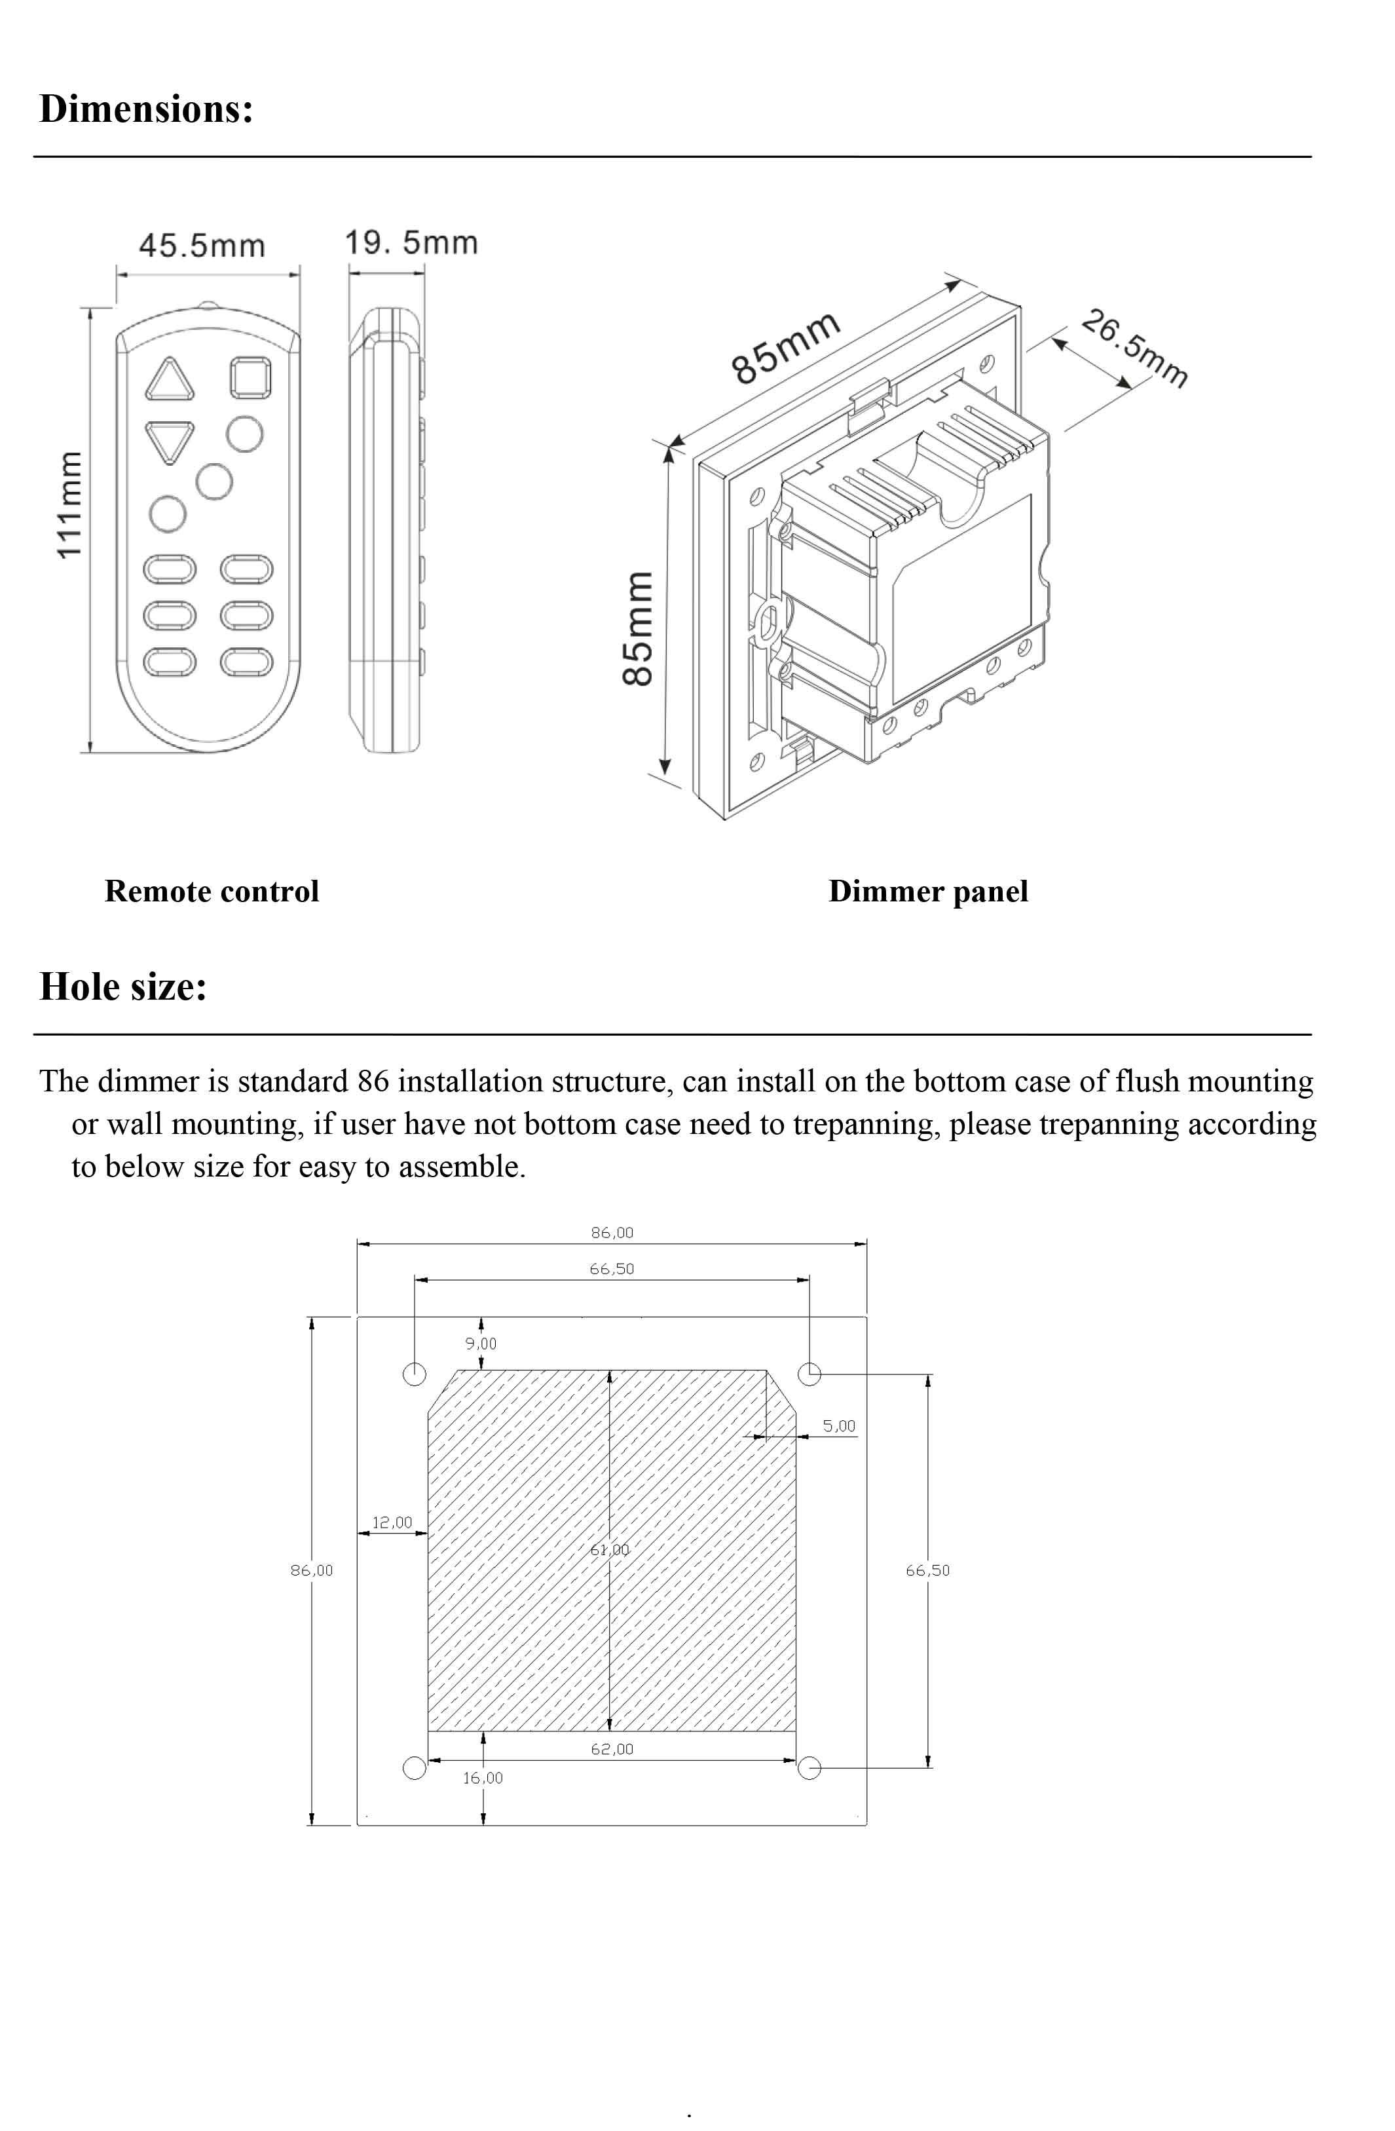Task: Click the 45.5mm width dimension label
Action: [202, 246]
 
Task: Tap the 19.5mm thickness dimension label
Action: [411, 242]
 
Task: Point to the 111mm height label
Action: [69, 506]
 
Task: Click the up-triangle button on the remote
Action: [169, 380]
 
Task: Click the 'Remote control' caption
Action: [212, 891]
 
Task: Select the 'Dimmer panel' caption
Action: [927, 891]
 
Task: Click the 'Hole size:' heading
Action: [124, 987]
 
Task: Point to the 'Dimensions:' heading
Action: [146, 109]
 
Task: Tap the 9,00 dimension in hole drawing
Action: [480, 1343]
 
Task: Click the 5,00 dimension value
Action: [839, 1425]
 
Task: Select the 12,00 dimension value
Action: [392, 1522]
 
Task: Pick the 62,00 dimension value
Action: [612, 1748]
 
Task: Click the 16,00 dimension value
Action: [483, 1777]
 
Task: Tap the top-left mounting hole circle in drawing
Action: [415, 1374]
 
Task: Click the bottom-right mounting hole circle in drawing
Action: [809, 1767]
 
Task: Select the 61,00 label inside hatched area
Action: [610, 1549]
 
